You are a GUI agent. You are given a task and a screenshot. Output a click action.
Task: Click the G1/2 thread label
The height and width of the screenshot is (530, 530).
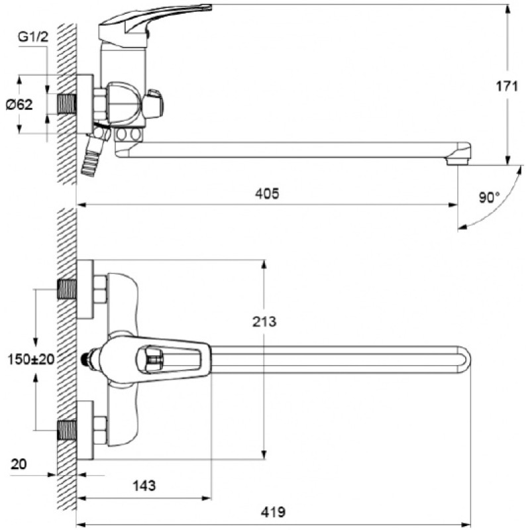33,36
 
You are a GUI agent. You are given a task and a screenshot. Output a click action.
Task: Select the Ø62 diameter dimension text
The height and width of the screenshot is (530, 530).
20,105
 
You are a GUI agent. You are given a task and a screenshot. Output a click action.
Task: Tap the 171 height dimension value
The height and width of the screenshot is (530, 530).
507,87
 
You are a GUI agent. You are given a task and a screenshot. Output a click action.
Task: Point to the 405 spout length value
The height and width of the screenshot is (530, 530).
267,193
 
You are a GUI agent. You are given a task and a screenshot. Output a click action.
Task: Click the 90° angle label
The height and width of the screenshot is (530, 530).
489,197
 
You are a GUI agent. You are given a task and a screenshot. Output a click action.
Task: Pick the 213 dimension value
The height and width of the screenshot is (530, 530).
264,321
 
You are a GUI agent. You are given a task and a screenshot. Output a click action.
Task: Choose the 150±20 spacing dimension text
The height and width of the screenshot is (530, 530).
30,359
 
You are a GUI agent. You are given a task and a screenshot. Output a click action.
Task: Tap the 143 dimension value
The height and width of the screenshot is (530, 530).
144,486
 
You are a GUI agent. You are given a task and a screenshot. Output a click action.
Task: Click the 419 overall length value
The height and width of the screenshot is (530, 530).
273,511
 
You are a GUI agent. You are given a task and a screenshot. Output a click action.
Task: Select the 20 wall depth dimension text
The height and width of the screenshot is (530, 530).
19,464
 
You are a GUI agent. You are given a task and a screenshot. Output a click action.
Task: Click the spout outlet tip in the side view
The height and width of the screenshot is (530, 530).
458,162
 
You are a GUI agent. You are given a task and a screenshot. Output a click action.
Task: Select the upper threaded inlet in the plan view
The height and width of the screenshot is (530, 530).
67,290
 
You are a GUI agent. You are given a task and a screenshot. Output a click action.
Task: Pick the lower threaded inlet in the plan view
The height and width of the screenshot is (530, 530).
67,430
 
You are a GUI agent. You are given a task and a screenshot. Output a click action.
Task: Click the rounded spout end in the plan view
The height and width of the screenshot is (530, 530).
465,360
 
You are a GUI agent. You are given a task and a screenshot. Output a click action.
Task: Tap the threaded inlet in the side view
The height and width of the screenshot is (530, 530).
67,104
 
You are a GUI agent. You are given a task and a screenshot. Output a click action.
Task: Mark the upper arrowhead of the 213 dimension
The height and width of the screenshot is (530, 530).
264,264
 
